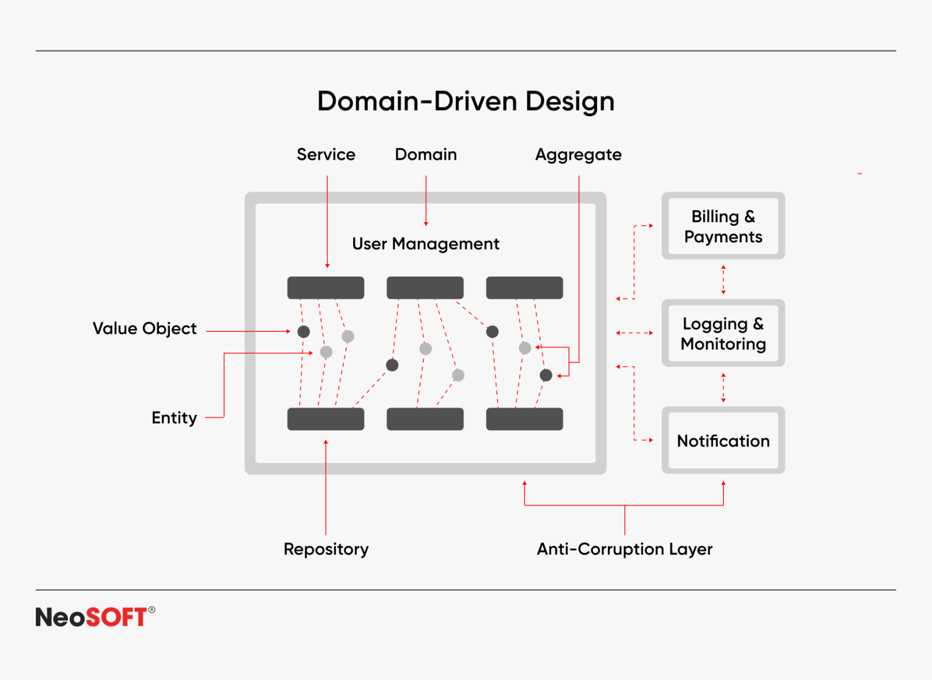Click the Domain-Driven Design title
(x=465, y=101)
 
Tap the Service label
(x=326, y=155)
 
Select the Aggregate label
(x=578, y=155)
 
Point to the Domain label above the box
(x=425, y=155)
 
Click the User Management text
(x=425, y=244)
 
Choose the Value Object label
(x=144, y=329)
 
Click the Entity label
(x=174, y=418)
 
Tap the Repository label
(x=326, y=549)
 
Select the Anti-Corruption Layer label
(x=624, y=549)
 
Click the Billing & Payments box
(x=723, y=226)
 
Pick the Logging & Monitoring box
(x=723, y=333)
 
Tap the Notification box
(x=723, y=441)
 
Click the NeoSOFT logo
(x=95, y=617)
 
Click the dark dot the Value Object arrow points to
(x=303, y=331)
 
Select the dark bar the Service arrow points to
(x=326, y=288)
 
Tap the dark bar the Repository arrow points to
(x=326, y=419)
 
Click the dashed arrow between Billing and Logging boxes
(x=723, y=280)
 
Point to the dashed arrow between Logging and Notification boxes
(x=723, y=387)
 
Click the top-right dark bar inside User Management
(x=524, y=288)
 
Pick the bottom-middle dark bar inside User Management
(x=425, y=419)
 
